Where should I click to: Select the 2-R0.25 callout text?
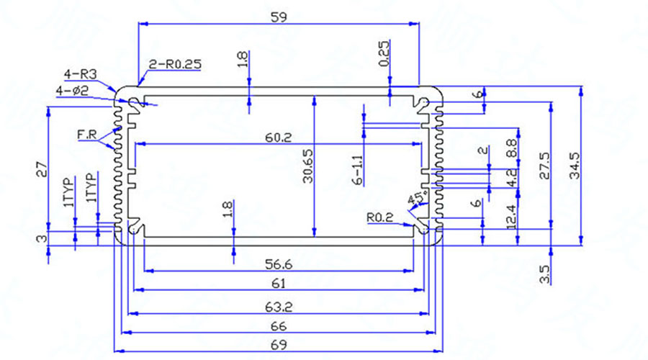click(x=174, y=64)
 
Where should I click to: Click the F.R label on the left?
click(x=87, y=135)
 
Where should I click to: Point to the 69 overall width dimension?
click(x=279, y=344)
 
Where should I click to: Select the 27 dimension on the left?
click(x=42, y=171)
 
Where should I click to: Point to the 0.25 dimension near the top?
click(x=384, y=52)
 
